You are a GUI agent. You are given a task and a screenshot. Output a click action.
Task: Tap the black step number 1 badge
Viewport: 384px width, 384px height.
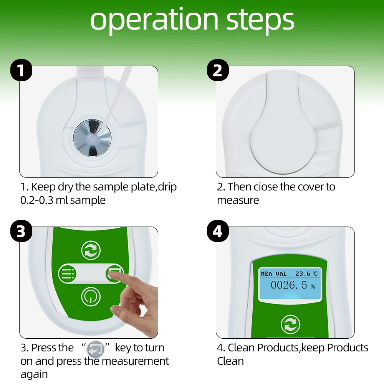[x=21, y=70]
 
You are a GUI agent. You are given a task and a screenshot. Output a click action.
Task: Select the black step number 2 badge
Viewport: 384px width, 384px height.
[x=218, y=70]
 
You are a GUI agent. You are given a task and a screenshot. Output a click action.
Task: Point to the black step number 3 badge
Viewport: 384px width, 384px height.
[x=21, y=231]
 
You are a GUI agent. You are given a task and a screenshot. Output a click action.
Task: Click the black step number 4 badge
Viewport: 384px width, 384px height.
[x=218, y=231]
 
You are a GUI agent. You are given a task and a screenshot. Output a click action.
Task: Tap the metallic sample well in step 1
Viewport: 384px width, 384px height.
[x=92, y=138]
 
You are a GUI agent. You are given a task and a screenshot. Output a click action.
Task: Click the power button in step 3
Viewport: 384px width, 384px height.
[x=91, y=296]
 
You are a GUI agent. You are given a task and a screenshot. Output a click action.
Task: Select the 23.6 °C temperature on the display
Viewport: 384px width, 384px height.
[x=306, y=273]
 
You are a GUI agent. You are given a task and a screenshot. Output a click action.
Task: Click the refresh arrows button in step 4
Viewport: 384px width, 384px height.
[x=290, y=324]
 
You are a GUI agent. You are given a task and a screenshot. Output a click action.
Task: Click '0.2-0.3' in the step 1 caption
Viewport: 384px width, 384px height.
[x=37, y=200]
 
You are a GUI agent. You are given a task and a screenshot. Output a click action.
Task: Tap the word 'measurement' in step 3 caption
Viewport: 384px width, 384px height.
[x=135, y=361]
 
